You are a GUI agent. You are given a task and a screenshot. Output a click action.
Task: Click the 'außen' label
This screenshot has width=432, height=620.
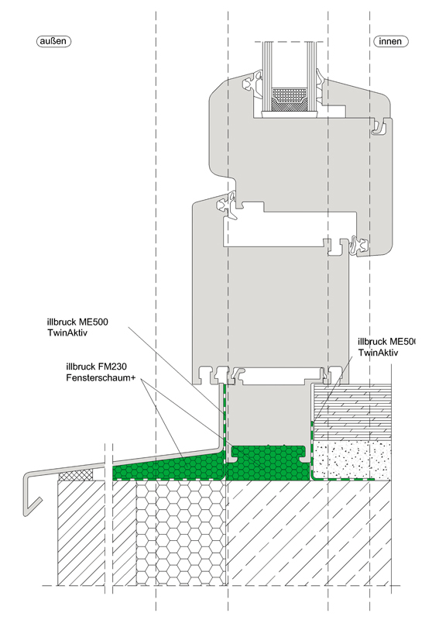pyautogui.click(x=53, y=41)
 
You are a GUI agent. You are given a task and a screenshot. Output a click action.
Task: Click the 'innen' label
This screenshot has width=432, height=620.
pyautogui.click(x=390, y=41)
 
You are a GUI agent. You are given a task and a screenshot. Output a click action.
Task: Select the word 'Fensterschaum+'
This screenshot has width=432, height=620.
pyautogui.click(x=101, y=377)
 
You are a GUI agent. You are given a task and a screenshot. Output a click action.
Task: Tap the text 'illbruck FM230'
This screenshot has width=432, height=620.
pyautogui.click(x=96, y=367)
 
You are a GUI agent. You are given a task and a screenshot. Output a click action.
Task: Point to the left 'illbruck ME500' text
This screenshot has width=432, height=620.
pyautogui.click(x=77, y=322)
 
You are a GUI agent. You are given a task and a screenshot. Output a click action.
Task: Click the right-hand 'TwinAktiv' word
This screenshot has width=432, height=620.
pyautogui.click(x=379, y=353)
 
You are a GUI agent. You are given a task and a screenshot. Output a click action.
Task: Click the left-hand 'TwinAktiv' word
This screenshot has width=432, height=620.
pyautogui.click(x=67, y=332)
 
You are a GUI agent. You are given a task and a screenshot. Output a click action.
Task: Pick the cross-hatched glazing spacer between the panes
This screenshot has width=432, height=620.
pyautogui.click(x=290, y=99)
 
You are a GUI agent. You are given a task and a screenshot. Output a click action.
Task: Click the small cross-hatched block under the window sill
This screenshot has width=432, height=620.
pyautogui.click(x=76, y=475)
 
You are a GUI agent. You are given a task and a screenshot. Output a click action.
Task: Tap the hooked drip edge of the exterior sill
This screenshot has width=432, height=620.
pyautogui.click(x=32, y=494)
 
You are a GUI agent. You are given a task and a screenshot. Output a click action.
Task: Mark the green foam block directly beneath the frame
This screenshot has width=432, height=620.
pyautogui.click(x=269, y=463)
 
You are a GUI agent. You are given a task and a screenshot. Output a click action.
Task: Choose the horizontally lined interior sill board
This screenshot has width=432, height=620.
pyautogui.click(x=351, y=412)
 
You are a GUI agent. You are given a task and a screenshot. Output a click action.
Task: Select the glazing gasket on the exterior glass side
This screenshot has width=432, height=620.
pyautogui.click(x=252, y=83)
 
